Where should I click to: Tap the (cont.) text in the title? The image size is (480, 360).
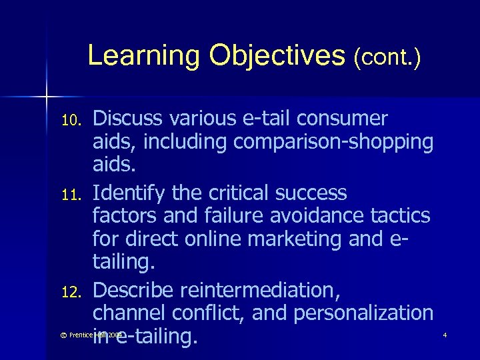[x=387, y=57]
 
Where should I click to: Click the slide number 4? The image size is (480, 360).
[x=445, y=335]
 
